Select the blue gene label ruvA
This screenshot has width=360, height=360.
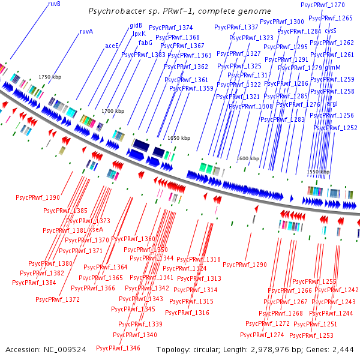coord(86,32)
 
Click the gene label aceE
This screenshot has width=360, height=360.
coord(112,46)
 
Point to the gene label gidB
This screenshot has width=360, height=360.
coord(136,26)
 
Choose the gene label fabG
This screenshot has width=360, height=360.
coord(145,43)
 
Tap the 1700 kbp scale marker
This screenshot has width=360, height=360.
coord(112,111)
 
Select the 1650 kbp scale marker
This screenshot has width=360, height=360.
coord(178,138)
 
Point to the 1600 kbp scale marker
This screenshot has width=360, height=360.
coord(248,158)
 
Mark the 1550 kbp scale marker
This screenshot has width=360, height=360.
coord(318,172)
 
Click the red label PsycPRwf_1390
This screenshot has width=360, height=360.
coord(38,197)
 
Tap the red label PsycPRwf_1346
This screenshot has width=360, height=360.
coord(118,348)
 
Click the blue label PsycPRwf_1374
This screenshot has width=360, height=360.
coord(170,28)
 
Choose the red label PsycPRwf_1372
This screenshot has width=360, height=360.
coord(58,299)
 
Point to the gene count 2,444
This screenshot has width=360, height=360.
coord(343,349)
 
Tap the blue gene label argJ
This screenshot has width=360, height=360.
coord(332,104)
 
